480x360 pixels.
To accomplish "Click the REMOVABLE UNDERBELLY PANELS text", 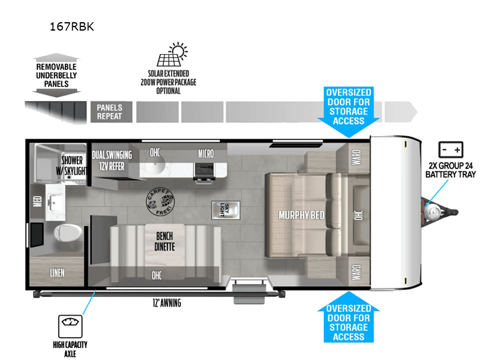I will click(56, 75).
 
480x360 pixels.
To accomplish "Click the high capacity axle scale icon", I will click(70, 326).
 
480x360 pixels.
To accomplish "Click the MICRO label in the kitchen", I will click(206, 154).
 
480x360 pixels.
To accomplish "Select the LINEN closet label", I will click(58, 273).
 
